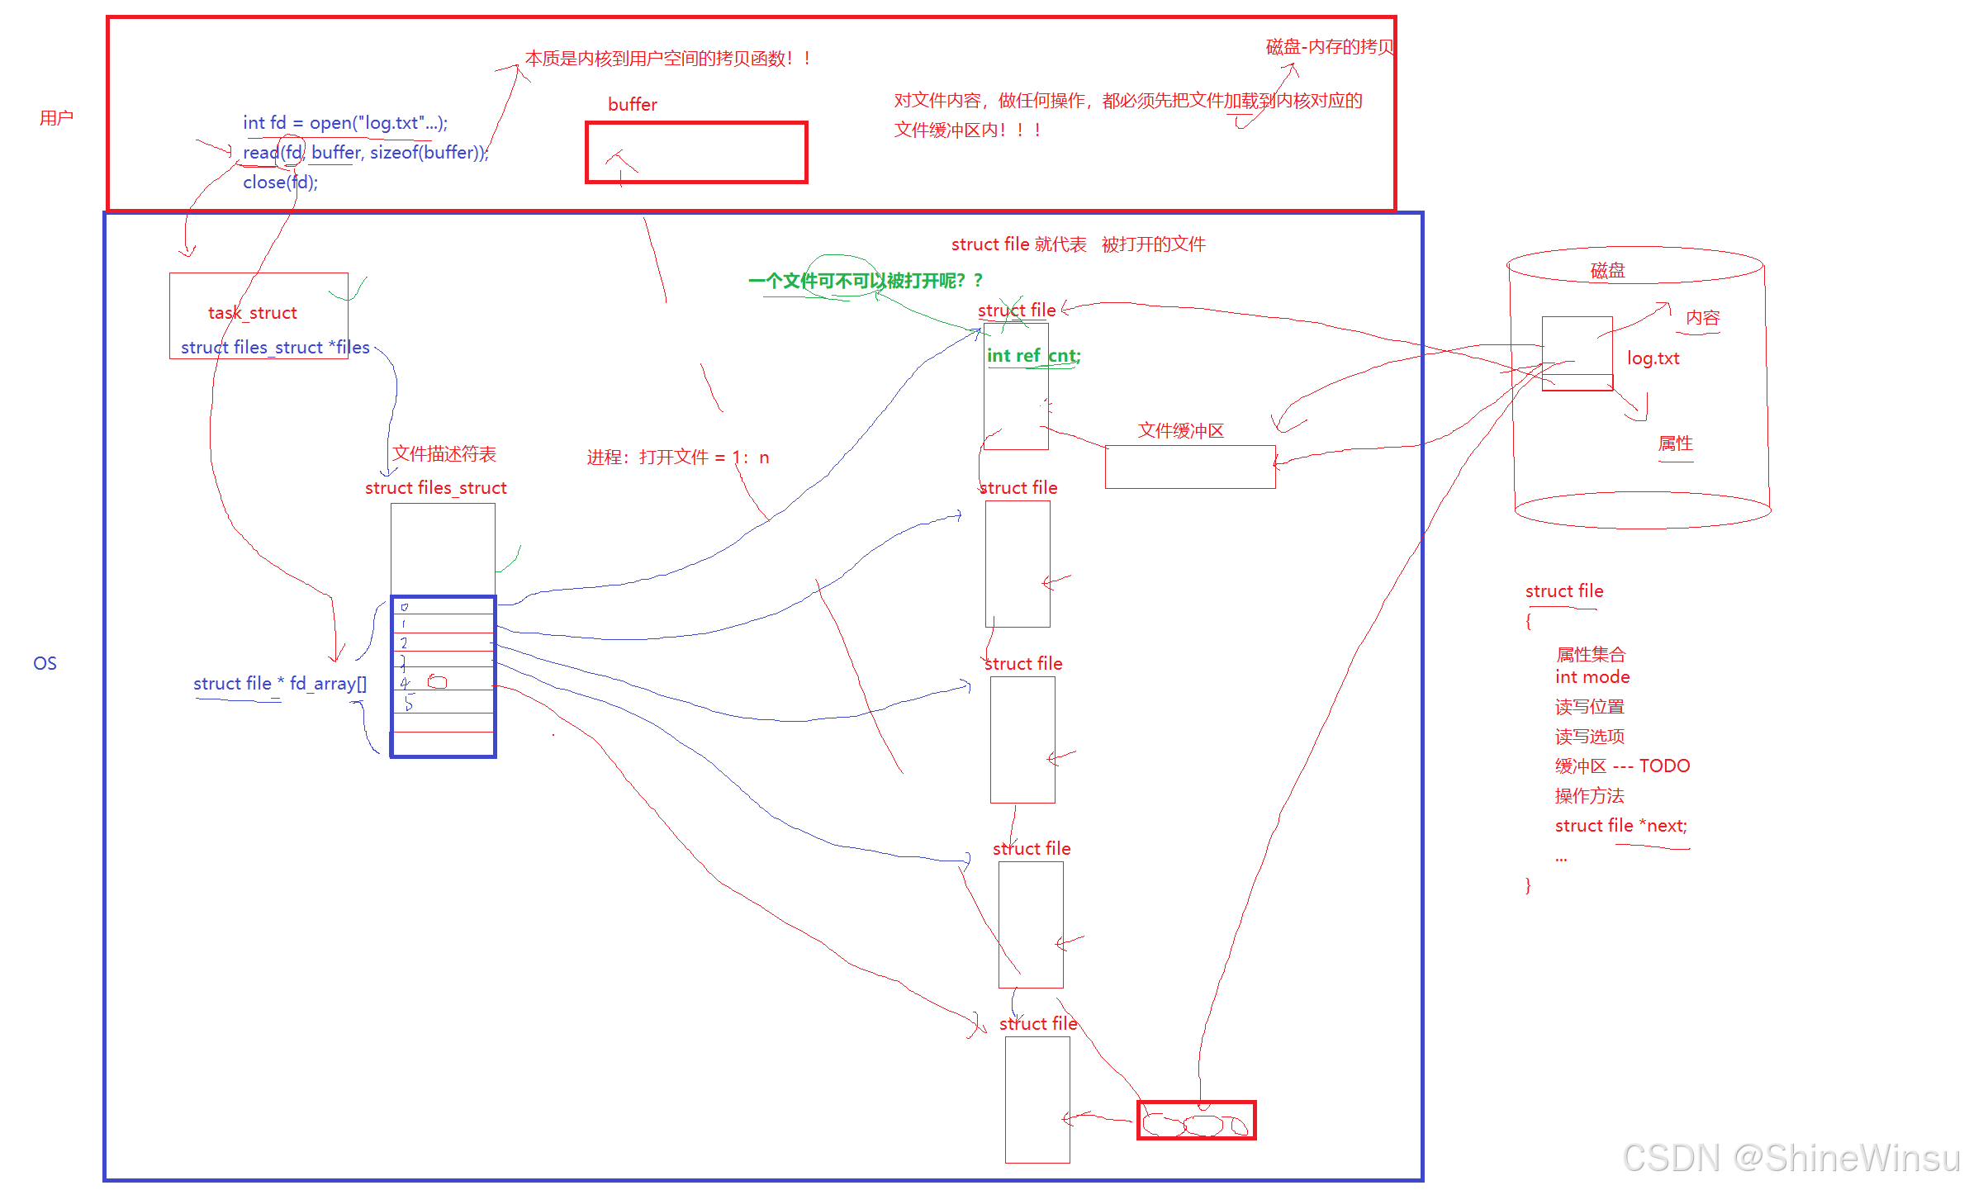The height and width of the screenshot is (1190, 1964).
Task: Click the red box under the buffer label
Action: (696, 153)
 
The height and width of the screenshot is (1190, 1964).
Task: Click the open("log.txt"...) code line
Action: (344, 123)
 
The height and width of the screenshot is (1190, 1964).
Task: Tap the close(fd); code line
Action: (280, 183)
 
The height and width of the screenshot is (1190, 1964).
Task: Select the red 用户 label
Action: (56, 118)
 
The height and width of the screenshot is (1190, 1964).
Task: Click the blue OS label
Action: (45, 663)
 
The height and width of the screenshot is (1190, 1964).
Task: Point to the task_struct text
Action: (252, 313)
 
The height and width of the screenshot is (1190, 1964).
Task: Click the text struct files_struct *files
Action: (275, 348)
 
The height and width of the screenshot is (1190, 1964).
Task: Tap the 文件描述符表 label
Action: (444, 453)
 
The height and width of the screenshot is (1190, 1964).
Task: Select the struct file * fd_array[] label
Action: (279, 684)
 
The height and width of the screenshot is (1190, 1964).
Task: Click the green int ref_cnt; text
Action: (1032, 356)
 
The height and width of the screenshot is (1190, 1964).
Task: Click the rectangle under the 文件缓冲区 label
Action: (1189, 467)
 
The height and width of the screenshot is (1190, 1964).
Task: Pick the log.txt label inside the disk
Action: (1653, 358)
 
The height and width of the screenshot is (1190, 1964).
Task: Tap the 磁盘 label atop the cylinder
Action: (1607, 271)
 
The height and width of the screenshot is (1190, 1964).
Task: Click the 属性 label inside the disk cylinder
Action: (1675, 443)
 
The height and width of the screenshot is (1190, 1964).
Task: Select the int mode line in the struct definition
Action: (1592, 677)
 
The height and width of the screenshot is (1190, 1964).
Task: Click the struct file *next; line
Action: (1620, 826)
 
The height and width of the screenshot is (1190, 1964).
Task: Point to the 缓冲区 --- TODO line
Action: (1621, 766)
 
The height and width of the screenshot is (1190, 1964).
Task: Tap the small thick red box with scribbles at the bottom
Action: (1196, 1121)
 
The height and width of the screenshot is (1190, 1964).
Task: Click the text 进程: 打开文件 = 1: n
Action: (677, 458)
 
